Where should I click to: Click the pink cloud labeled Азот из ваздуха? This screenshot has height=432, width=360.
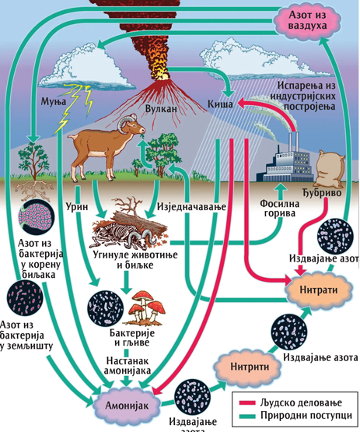click(307, 21)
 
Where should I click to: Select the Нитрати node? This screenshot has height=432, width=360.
click(319, 290)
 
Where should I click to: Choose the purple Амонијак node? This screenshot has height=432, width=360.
click(127, 406)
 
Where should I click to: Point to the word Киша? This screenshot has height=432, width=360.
click(220, 104)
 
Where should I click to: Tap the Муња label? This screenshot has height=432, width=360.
click(54, 101)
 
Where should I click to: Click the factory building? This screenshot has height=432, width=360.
click(285, 163)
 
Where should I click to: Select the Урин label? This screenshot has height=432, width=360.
click(77, 206)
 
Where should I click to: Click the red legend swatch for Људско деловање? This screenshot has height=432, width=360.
click(247, 402)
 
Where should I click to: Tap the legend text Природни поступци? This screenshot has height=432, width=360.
click(306, 415)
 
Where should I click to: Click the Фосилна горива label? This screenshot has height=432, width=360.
click(279, 209)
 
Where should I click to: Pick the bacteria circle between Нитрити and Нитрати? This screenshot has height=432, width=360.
click(289, 332)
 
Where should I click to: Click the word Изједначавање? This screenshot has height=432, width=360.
click(191, 207)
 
